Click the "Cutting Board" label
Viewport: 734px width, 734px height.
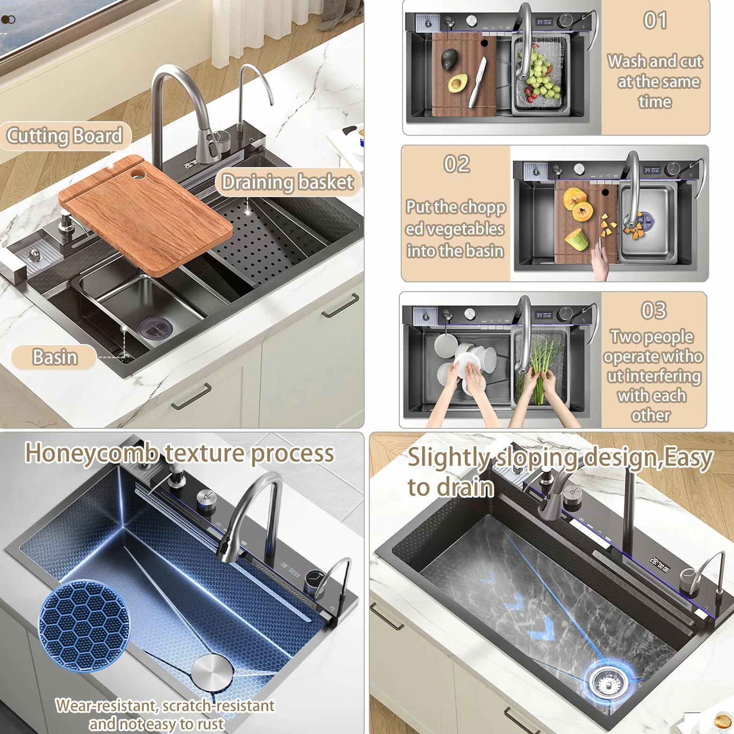[65, 136]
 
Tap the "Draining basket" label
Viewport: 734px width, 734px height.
[287, 182]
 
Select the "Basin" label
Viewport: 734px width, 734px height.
[55, 357]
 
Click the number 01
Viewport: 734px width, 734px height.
[655, 21]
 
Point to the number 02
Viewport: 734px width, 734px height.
[456, 164]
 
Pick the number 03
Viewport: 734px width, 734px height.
[653, 310]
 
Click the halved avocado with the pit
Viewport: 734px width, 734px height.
[456, 85]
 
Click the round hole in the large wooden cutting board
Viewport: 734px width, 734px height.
[139, 173]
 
